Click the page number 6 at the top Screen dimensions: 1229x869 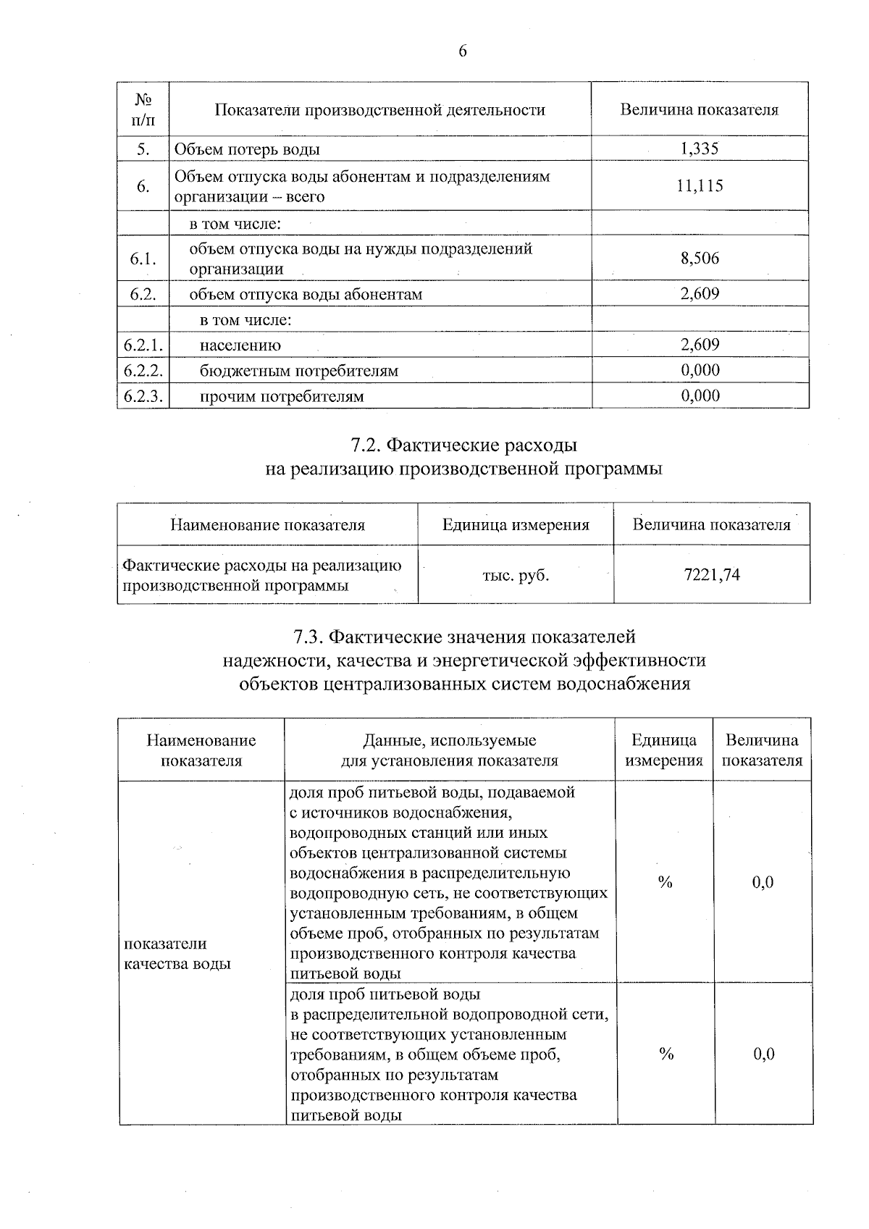pyautogui.click(x=463, y=51)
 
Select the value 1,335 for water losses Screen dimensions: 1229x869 pyautogui.click(x=700, y=148)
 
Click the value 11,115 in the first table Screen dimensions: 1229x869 pyautogui.click(x=700, y=186)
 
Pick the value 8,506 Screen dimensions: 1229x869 pyautogui.click(x=700, y=259)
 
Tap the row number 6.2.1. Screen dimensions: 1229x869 pyautogui.click(x=143, y=345)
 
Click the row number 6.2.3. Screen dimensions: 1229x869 pyautogui.click(x=143, y=396)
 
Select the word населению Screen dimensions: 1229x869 pyautogui.click(x=240, y=345)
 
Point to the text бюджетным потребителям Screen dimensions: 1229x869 pyautogui.click(x=299, y=371)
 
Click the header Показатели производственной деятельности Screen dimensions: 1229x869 pyautogui.click(x=380, y=110)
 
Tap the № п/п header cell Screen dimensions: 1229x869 pyautogui.click(x=143, y=109)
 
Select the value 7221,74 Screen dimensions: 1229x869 pyautogui.click(x=712, y=575)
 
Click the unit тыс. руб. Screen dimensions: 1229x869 pyautogui.click(x=516, y=576)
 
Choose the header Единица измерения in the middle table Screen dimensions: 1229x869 pyautogui.click(x=516, y=524)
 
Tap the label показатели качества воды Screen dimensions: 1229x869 pyautogui.click(x=177, y=954)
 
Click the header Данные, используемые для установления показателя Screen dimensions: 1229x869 pyautogui.click(x=450, y=750)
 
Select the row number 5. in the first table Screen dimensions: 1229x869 pyautogui.click(x=143, y=149)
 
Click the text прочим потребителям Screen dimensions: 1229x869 pyautogui.click(x=282, y=396)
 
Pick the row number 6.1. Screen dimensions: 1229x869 pyautogui.click(x=143, y=259)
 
